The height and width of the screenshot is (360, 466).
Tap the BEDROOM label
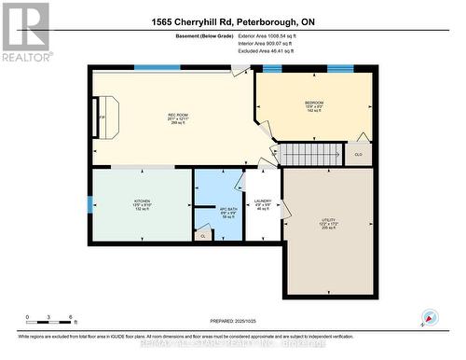tap(313, 104)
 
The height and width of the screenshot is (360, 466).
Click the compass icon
tap(430, 317)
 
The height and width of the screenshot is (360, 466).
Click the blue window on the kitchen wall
tap(89, 203)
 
